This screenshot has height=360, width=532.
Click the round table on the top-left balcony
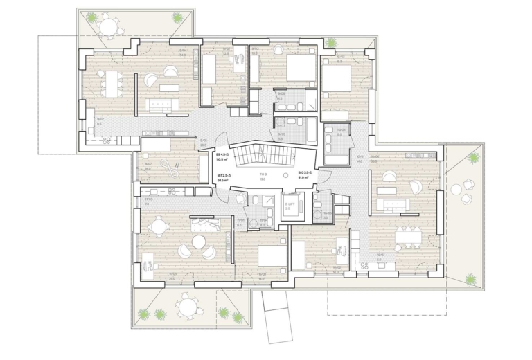point(109,26)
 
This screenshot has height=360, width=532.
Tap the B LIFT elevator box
point(290,207)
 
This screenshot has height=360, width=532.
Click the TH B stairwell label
point(263,175)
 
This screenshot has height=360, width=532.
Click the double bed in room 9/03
point(299,68)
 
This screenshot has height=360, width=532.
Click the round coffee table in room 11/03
point(199,242)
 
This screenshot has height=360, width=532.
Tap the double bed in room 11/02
point(272,256)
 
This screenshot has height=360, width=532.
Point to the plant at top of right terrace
point(474,158)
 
